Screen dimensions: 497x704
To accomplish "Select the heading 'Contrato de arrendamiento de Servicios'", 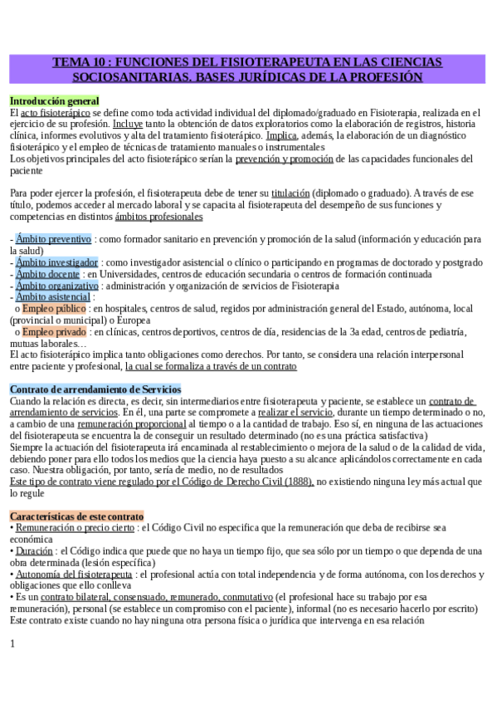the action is click(95, 389).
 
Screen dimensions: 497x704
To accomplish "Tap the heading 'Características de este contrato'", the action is click(76, 516).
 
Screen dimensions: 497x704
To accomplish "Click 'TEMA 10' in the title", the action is click(80, 62).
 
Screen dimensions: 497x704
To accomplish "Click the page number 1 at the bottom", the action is click(12, 643).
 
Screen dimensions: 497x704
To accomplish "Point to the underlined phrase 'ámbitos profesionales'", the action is click(158, 216).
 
